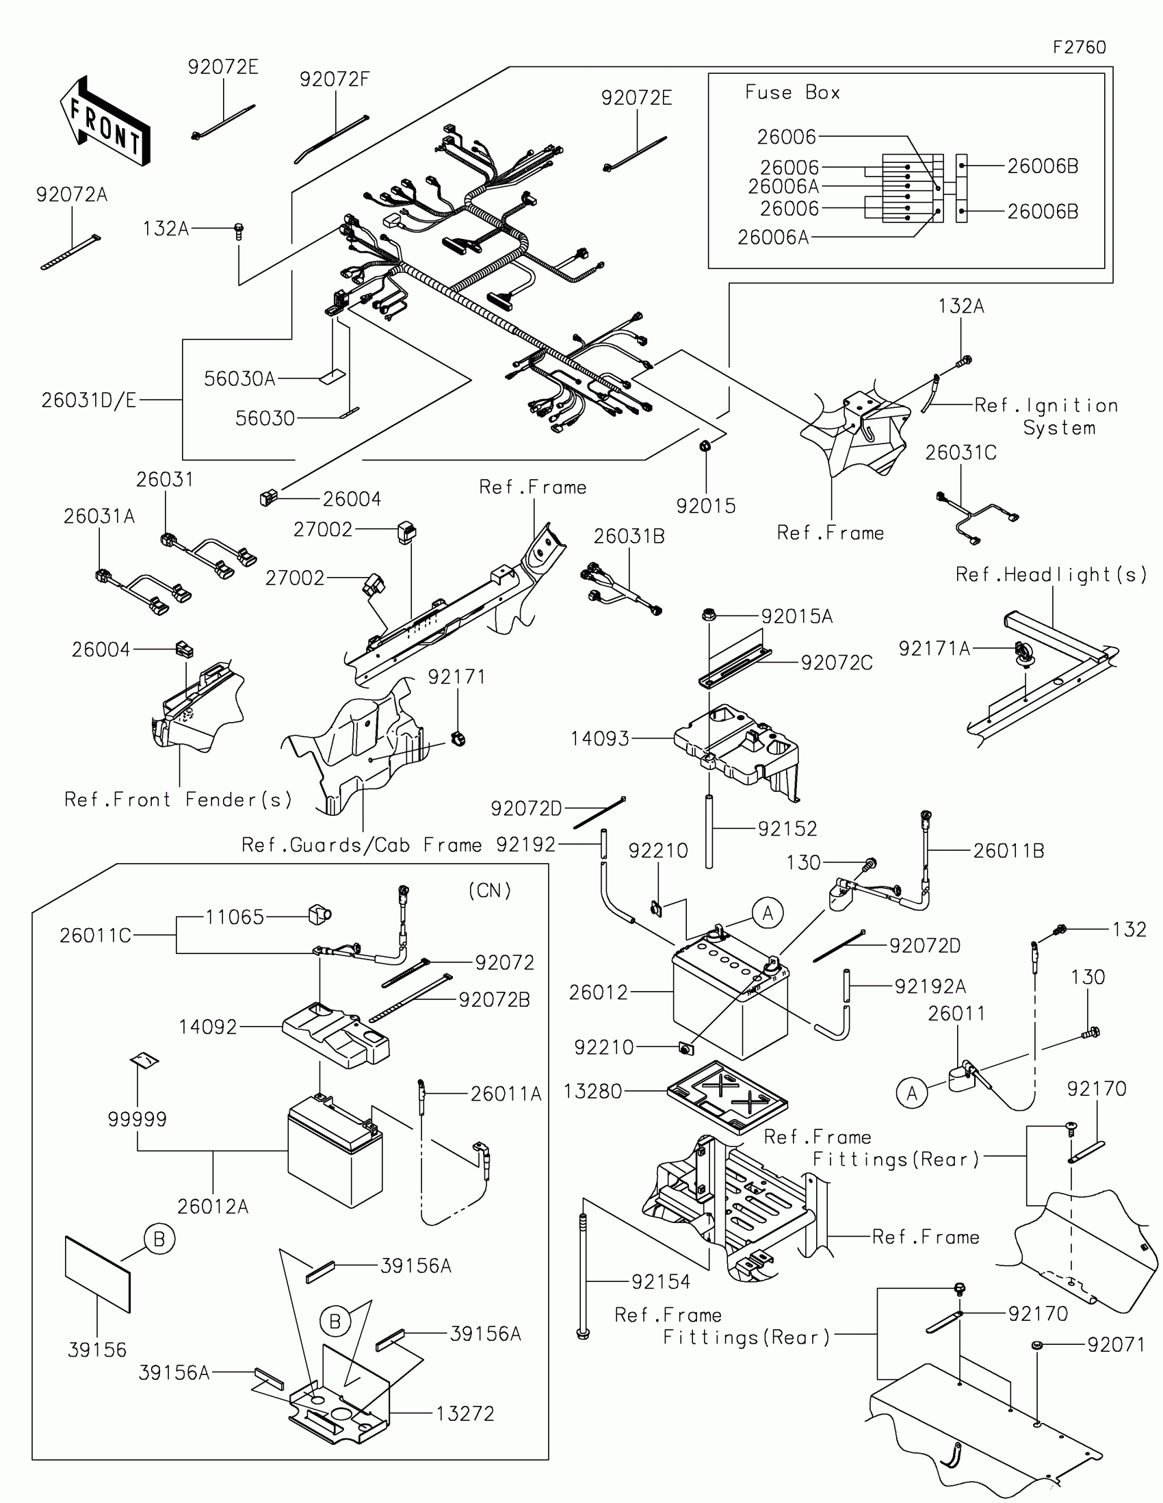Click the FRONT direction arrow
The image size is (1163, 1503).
coord(105,123)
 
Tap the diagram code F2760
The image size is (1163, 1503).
coord(1079,47)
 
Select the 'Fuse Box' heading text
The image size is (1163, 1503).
coord(792,93)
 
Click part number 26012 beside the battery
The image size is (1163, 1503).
coord(599,992)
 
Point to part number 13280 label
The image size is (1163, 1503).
coord(592,1092)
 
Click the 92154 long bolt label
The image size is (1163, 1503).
coord(660,1281)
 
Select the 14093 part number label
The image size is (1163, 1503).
coord(600,738)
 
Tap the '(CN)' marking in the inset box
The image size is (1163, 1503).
coord(490,890)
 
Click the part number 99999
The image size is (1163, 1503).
coord(137,1119)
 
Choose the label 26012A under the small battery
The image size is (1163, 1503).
coord(213,1207)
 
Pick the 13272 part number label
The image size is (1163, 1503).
coord(465,1413)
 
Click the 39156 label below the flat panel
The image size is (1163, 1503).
coord(97,1350)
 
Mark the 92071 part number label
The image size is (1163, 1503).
coord(1116,1344)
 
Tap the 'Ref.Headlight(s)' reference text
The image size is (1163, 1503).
coord(1051,575)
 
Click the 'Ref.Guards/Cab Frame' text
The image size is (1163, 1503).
coord(361,845)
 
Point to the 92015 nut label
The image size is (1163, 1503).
coord(705,506)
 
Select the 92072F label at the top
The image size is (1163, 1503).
coord(335,80)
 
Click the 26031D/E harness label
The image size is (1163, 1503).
coord(89,400)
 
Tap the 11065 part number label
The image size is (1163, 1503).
coord(235,916)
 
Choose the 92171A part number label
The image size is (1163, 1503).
coord(934,648)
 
